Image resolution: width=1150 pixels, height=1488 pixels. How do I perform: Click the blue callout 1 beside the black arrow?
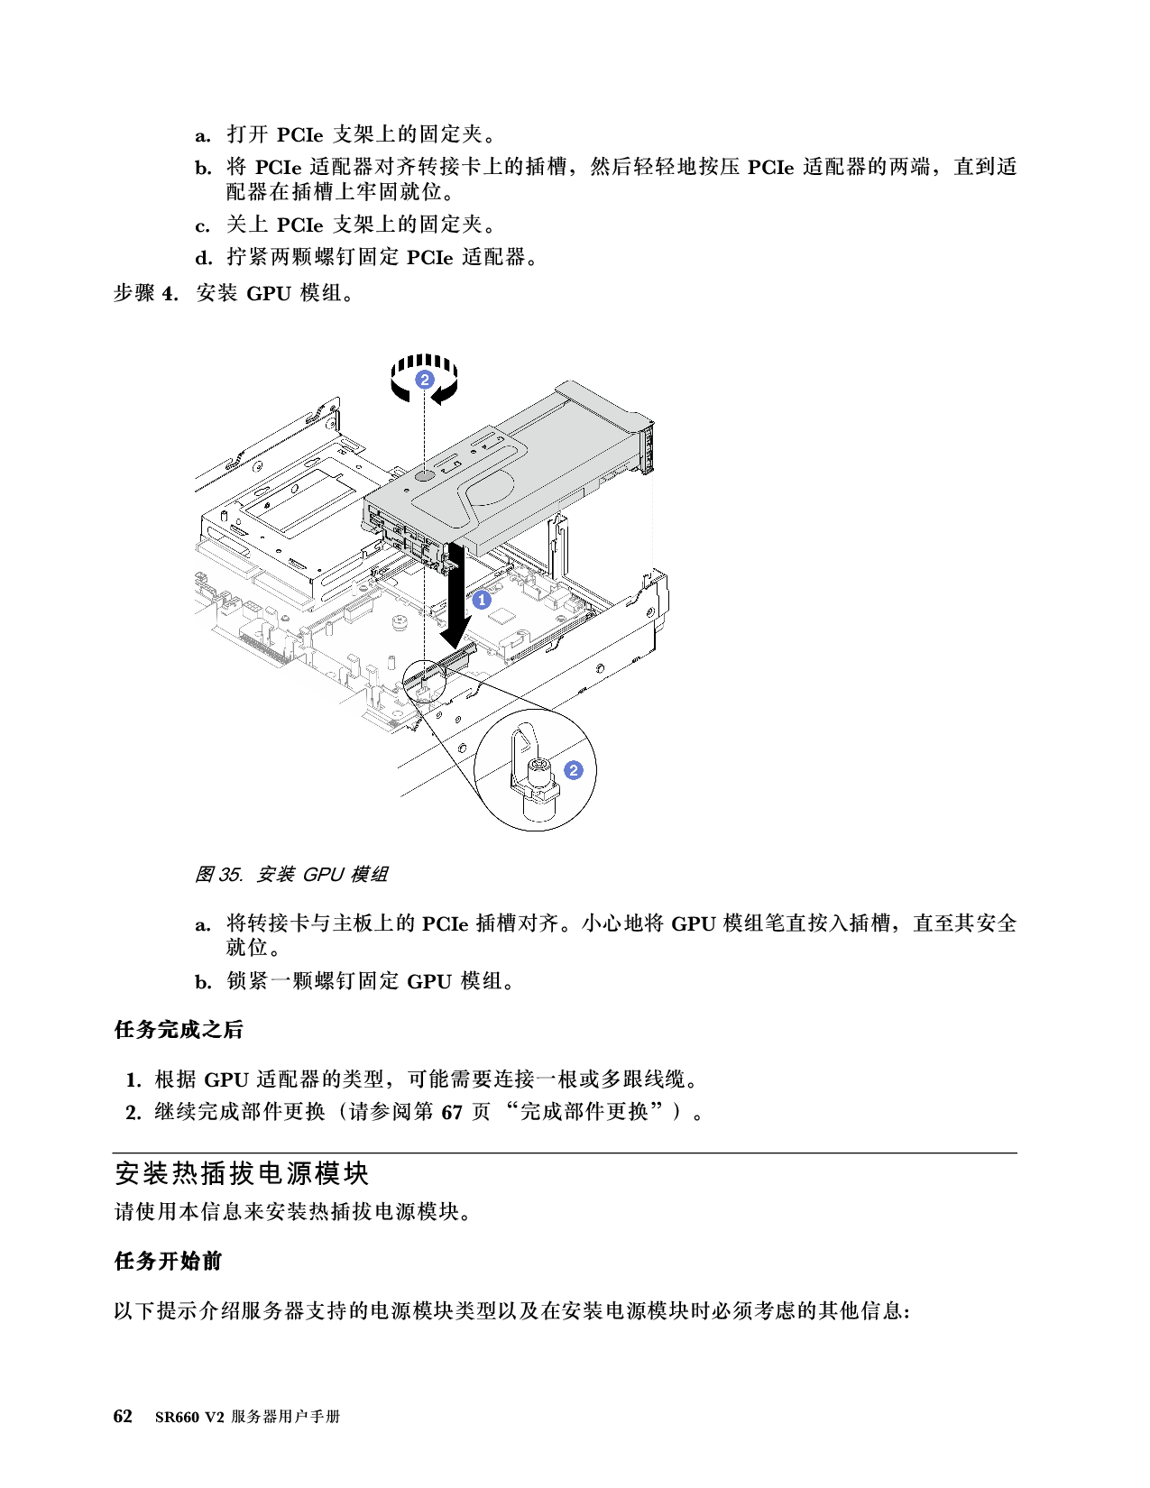click(x=482, y=600)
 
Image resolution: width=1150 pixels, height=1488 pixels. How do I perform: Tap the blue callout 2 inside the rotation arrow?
click(x=425, y=380)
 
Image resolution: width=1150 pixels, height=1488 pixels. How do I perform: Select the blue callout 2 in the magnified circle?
click(x=574, y=770)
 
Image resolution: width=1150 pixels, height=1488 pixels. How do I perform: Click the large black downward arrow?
click(x=456, y=596)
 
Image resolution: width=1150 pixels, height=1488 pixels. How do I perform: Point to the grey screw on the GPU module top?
click(x=426, y=473)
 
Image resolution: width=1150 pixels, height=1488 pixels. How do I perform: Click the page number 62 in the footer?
click(x=123, y=1416)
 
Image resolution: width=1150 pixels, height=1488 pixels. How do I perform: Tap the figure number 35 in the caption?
click(x=230, y=875)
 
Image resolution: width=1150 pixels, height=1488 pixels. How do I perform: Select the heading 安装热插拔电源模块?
click(x=242, y=1173)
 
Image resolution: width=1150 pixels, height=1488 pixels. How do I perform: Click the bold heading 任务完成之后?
click(x=178, y=1029)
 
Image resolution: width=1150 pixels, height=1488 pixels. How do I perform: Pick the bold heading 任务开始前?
click(x=168, y=1262)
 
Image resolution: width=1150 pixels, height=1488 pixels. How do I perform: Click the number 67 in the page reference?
click(x=451, y=1112)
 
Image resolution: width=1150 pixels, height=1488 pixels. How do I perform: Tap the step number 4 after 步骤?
click(x=170, y=294)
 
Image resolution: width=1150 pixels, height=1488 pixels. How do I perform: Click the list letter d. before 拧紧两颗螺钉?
click(x=204, y=258)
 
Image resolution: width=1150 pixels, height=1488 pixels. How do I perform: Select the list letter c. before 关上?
click(x=202, y=226)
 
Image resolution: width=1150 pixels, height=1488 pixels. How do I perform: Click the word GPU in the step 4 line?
click(x=269, y=294)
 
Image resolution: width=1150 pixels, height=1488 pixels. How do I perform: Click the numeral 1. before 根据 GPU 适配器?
click(x=133, y=1079)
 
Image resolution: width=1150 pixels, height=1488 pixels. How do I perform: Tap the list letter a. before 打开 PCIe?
click(x=202, y=135)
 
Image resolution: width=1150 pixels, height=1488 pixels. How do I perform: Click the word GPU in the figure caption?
click(x=322, y=875)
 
